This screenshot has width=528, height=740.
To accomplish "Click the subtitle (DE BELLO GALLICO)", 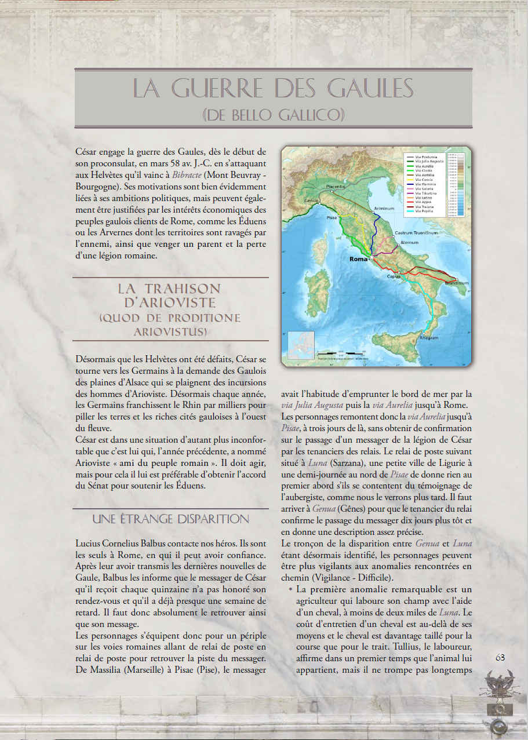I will click(x=272, y=114).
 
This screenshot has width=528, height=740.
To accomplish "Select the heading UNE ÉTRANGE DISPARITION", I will click(x=170, y=519).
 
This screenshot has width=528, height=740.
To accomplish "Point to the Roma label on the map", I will click(x=359, y=259).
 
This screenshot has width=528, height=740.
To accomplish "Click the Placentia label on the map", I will click(x=336, y=187).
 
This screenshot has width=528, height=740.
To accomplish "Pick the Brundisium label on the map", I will click(x=457, y=283).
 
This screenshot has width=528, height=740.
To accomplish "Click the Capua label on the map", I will click(x=394, y=276).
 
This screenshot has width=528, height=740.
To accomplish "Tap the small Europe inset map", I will click(x=301, y=345).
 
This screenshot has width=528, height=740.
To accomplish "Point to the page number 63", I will click(x=501, y=657).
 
